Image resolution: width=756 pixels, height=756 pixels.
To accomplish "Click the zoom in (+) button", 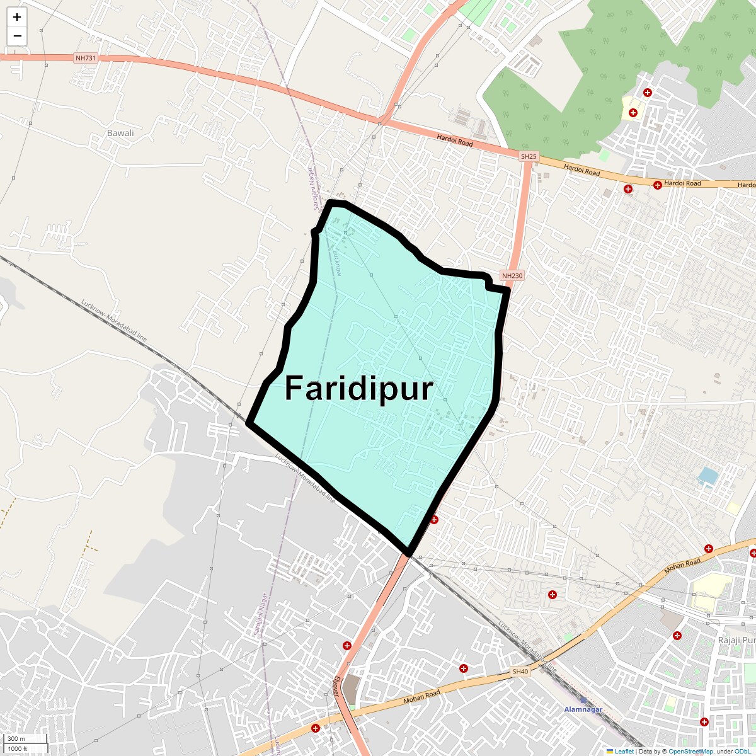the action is [17, 17].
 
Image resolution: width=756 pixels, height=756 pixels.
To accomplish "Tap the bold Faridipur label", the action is [358, 389].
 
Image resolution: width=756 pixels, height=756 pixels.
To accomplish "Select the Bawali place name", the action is [120, 133].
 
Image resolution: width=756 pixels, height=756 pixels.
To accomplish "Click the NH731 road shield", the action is [86, 58].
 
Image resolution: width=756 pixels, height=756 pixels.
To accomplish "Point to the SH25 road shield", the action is [529, 156].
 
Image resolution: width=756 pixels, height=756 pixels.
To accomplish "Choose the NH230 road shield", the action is [512, 275].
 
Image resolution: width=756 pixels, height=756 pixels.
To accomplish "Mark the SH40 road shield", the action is [520, 672].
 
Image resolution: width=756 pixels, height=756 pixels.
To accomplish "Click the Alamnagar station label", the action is [583, 709].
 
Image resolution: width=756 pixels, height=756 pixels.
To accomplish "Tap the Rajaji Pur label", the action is [736, 640].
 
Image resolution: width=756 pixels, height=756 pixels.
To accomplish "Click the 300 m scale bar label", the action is [16, 738].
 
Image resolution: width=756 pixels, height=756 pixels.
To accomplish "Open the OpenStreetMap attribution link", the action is [690, 751].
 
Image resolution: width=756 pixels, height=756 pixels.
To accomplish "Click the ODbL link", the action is [742, 751].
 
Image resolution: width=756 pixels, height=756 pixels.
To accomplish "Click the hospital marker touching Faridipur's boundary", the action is [434, 520].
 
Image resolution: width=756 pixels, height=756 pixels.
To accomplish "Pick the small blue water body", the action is [708, 476].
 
